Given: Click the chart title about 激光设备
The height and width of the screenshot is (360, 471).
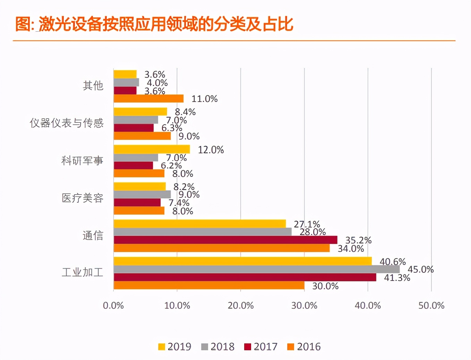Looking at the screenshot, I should point(154,24).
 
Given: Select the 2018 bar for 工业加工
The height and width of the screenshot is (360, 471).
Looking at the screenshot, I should point(256,269).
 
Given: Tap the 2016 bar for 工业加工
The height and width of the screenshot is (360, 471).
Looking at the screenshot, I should point(209,285).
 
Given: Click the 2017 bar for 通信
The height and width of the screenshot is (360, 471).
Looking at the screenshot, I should point(225,240).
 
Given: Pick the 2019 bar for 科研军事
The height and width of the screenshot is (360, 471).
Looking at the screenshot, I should point(152,149).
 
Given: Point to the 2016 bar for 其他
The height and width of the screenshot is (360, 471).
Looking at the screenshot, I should point(148,98).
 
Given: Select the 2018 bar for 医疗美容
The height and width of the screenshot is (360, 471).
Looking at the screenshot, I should point(142,194).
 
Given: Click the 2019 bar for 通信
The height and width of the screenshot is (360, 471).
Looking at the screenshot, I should point(200,224).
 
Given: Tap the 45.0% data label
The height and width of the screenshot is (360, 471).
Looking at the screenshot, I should point(420,269).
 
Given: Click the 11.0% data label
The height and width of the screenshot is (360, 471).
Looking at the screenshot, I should point(204,99).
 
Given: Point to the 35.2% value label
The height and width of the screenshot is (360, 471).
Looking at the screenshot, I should point(358,240).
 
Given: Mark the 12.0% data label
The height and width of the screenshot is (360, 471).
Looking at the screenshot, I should point(211,150).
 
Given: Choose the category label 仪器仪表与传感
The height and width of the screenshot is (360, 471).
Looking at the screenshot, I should point(67,123).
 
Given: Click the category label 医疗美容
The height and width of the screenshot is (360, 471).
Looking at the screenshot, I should point(83,198).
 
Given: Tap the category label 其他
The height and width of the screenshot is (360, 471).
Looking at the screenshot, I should point(93,86).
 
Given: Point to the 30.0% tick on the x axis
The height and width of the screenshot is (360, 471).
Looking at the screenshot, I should point(304,306).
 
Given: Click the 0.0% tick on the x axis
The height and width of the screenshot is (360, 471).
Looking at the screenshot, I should point(113,306).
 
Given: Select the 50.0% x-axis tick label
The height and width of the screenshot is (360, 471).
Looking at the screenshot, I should point(431,306).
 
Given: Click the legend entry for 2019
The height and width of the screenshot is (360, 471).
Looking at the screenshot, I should point(175,346).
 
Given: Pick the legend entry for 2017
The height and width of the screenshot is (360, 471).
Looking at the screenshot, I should point(261,346).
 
